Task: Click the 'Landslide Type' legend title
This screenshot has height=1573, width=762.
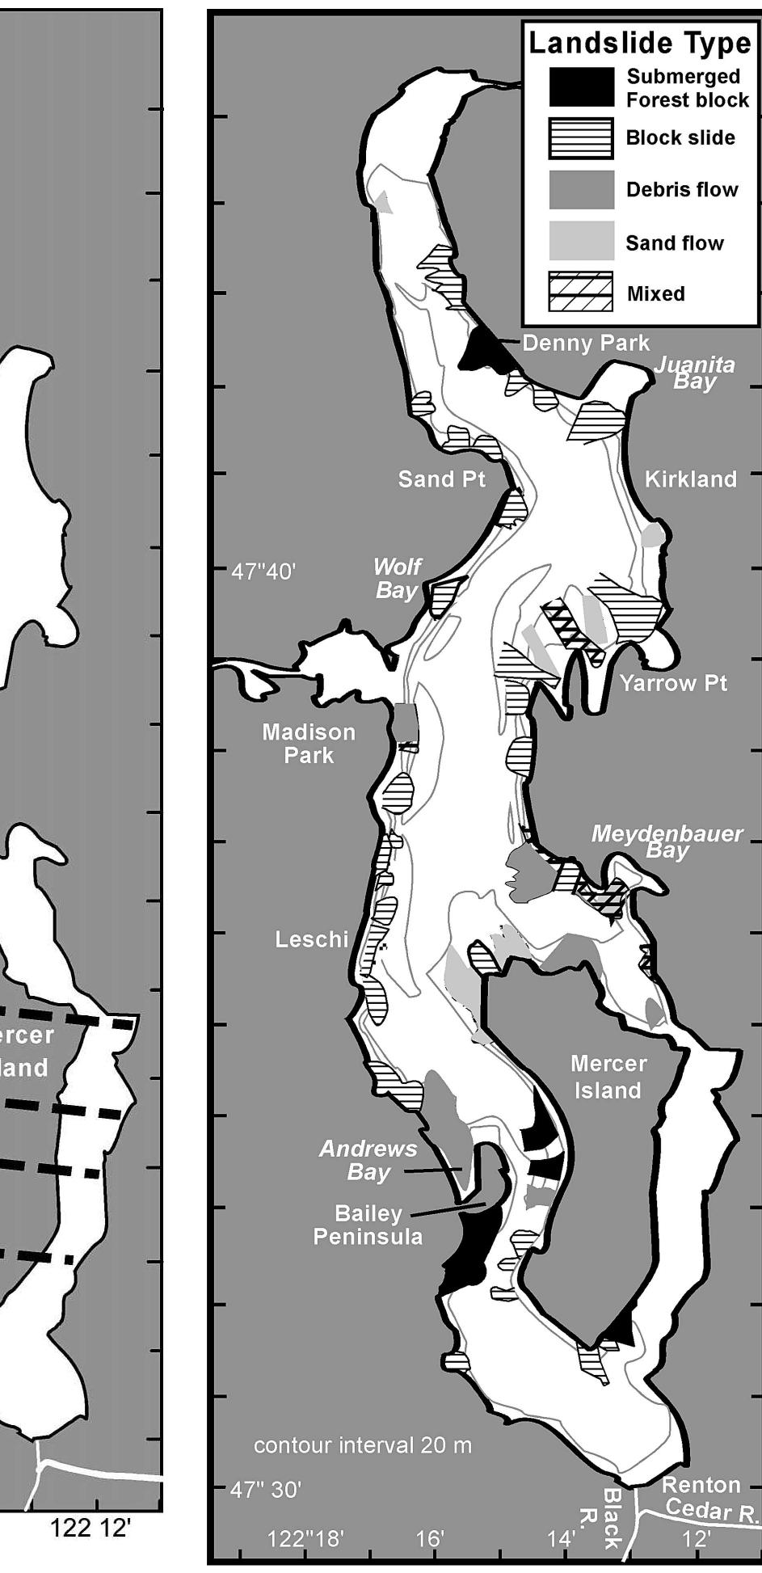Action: point(639,43)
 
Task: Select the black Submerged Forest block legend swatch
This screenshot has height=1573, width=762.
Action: point(581,87)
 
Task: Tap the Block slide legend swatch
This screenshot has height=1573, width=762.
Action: point(581,138)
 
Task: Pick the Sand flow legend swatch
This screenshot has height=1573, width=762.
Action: point(581,241)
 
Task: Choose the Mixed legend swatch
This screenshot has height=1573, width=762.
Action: point(581,292)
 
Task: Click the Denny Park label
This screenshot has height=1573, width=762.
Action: point(586,344)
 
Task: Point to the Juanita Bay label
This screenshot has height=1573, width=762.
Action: point(694,373)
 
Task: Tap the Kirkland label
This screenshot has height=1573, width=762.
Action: point(691,479)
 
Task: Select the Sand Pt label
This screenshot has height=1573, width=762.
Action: point(442,479)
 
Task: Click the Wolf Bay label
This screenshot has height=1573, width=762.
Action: point(397,579)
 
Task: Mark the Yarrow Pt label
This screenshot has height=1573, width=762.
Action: point(673,683)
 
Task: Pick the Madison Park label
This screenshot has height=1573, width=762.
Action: point(309,744)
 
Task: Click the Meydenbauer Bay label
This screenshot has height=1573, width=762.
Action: point(667,841)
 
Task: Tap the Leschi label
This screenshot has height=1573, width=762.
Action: point(312,939)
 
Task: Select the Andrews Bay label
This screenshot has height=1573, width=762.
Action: point(368,1160)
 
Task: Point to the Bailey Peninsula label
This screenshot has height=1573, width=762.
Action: point(368,1225)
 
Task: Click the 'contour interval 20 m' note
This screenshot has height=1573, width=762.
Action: point(363,1445)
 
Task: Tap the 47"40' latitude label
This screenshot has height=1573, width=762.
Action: point(263,572)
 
